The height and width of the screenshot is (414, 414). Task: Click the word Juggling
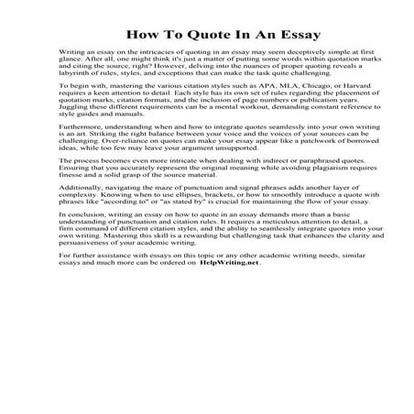(x=77, y=125)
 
